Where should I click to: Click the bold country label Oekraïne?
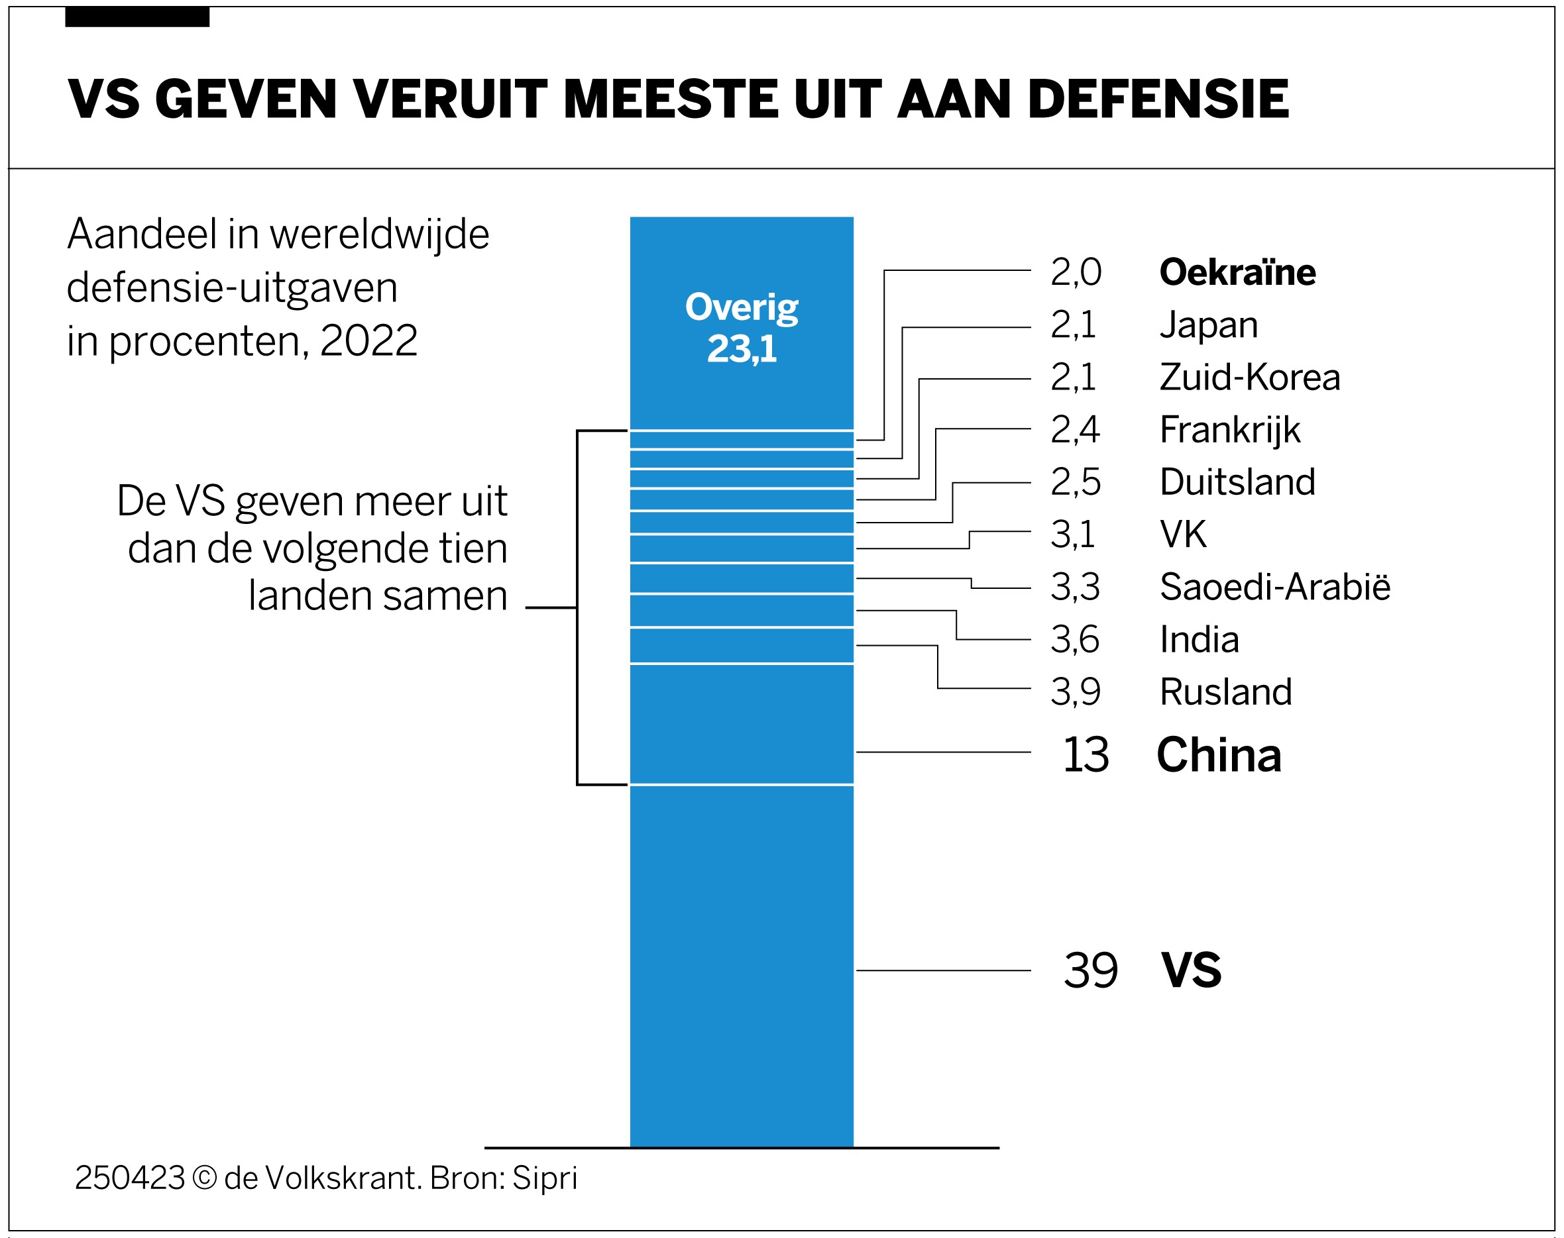tap(1237, 272)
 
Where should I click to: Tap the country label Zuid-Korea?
tap(1249, 378)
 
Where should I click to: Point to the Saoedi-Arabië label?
tap(1274, 587)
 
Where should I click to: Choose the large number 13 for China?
tap(1086, 755)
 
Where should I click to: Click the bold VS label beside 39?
tap(1191, 970)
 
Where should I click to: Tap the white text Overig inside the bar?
tap(741, 308)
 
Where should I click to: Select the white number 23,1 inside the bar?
tap(741, 349)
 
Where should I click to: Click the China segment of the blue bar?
tap(741, 724)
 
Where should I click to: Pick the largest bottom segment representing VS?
tap(741, 964)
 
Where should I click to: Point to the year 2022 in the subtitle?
tap(368, 340)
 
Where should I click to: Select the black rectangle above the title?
tap(137, 17)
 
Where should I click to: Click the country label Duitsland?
tap(1237, 483)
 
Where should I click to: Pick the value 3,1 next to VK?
tap(1073, 535)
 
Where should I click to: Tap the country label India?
tap(1199, 640)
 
